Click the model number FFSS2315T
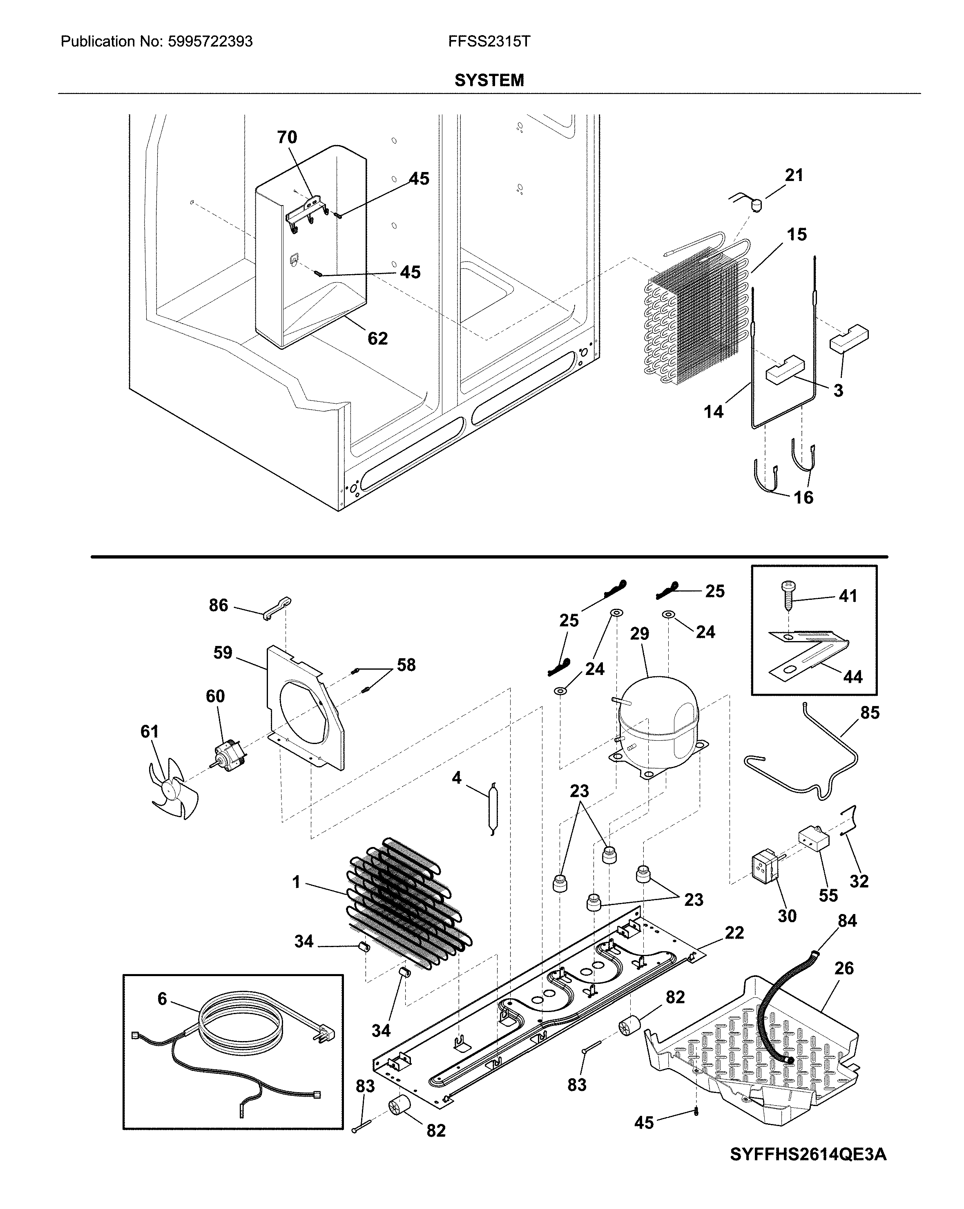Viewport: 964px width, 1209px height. click(489, 42)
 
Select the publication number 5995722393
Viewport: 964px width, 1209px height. click(210, 42)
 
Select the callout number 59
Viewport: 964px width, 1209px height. click(223, 653)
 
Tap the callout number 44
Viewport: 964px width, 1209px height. click(852, 677)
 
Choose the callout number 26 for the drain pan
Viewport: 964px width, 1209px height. click(844, 968)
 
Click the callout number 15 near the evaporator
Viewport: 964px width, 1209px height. click(797, 235)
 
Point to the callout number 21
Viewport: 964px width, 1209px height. click(794, 176)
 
